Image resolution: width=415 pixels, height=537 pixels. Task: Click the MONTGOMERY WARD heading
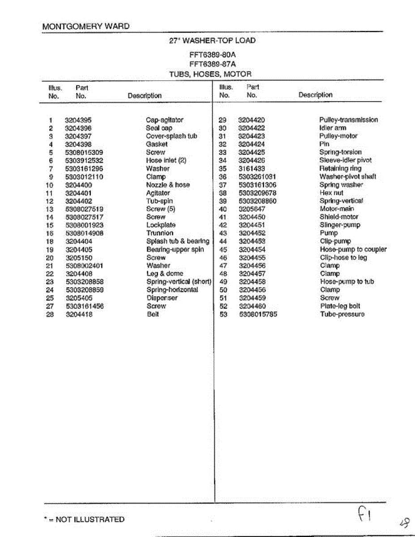tap(86, 26)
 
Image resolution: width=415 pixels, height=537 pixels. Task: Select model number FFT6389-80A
tap(213, 55)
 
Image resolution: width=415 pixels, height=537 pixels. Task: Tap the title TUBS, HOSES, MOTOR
tap(210, 74)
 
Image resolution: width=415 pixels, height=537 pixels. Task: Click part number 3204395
tap(78, 120)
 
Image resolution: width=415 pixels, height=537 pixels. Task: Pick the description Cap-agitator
tap(164, 120)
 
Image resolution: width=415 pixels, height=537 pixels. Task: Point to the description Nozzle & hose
tap(168, 185)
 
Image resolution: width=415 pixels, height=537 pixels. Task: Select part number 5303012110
tap(84, 177)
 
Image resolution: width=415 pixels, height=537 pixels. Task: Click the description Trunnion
tap(159, 233)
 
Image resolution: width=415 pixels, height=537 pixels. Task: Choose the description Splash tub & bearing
tap(178, 241)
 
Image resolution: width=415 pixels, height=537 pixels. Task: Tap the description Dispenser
tap(162, 298)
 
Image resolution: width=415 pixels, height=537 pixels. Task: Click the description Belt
tap(153, 314)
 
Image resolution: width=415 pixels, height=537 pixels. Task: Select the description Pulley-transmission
tap(348, 120)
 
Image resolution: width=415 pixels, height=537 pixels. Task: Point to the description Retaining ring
tap(340, 169)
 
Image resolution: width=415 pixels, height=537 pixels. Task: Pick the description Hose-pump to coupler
tap(353, 249)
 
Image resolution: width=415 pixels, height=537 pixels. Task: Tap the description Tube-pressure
tap(342, 314)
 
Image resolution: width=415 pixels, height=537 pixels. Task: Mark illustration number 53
tap(223, 314)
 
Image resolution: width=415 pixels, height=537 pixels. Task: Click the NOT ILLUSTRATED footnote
tap(84, 520)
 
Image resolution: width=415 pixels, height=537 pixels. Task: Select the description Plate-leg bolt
tap(340, 306)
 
